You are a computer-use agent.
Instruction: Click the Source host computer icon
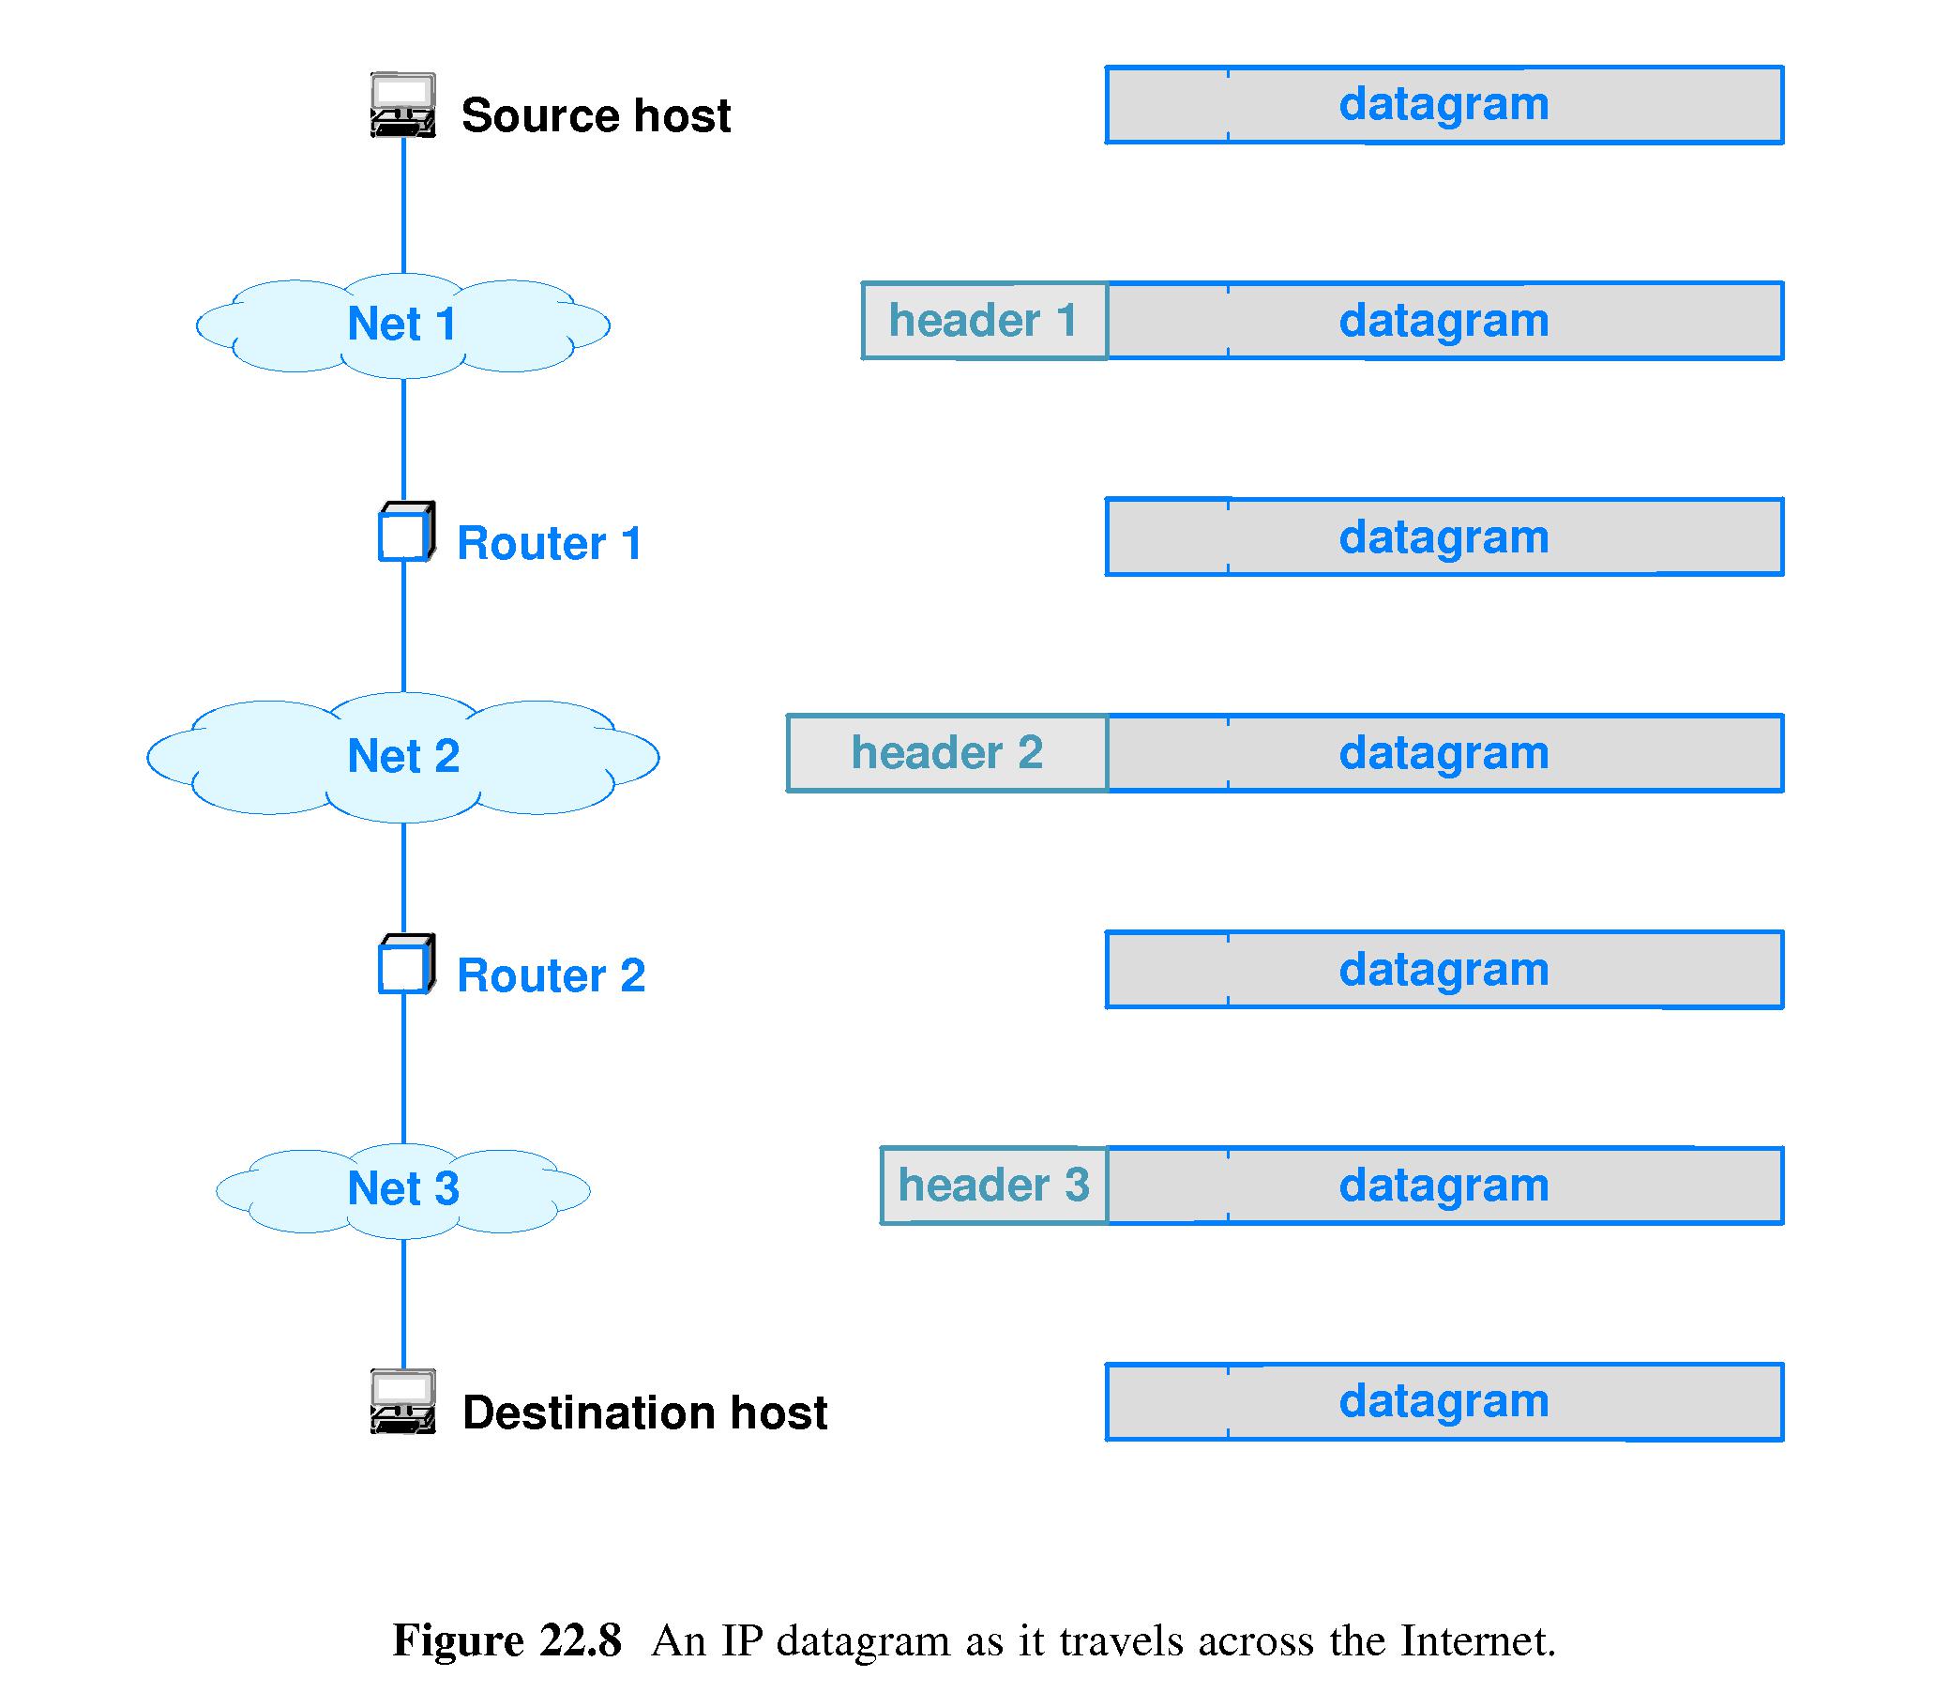(403, 105)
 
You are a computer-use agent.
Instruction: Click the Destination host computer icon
(403, 1401)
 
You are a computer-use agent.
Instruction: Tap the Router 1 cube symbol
(406, 533)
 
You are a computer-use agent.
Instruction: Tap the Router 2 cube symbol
(406, 965)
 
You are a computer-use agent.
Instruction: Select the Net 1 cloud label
(402, 324)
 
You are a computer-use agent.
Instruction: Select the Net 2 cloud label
(403, 756)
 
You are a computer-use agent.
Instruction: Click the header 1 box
(983, 321)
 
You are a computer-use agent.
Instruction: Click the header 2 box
(947, 753)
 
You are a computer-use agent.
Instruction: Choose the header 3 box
(992, 1186)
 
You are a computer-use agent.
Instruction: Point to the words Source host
(596, 115)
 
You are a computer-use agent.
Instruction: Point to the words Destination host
(644, 1412)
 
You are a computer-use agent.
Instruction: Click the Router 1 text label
(550, 543)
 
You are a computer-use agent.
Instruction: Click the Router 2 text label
(551, 975)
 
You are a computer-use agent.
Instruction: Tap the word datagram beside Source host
(1444, 104)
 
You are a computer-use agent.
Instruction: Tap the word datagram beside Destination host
(1444, 1401)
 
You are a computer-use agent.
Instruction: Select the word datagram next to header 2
(1444, 753)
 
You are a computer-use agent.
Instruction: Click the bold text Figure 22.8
(506, 1640)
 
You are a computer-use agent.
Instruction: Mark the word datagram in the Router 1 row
(1444, 537)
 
